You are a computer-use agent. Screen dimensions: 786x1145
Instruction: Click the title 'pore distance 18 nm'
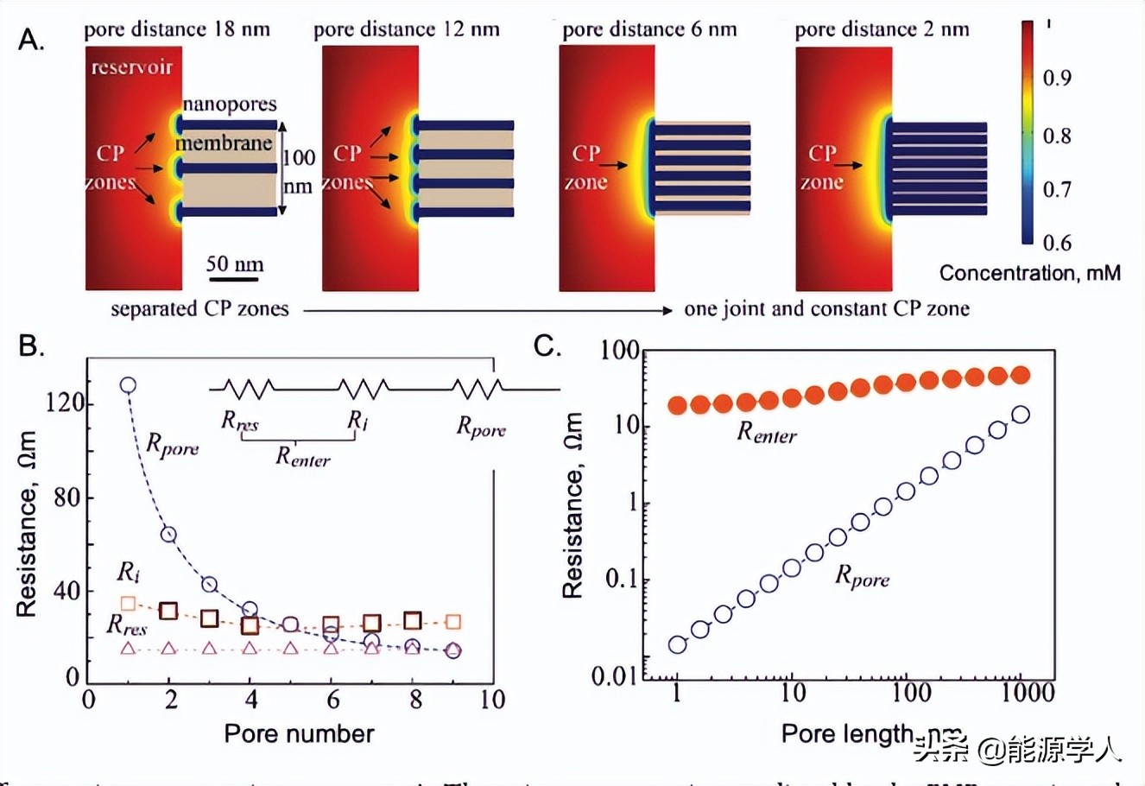click(x=177, y=29)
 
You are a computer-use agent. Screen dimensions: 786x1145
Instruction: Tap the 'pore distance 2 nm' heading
click(x=882, y=29)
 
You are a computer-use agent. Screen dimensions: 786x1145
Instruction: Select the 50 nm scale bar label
click(x=235, y=263)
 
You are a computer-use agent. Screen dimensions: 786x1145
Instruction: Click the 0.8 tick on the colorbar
click(x=1056, y=136)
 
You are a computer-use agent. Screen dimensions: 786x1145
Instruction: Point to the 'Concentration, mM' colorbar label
click(x=1029, y=273)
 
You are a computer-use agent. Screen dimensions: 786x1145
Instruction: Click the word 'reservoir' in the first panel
click(x=132, y=67)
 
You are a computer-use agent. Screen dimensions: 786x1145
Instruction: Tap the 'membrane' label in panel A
click(x=225, y=143)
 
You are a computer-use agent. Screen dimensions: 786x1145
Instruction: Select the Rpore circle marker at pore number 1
click(x=128, y=385)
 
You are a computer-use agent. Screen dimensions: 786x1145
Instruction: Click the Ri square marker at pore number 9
click(x=453, y=622)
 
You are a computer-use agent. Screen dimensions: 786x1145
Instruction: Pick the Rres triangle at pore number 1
click(x=128, y=648)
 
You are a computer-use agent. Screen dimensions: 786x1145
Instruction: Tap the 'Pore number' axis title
click(x=299, y=733)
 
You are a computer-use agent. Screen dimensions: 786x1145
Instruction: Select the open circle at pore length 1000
click(x=1021, y=415)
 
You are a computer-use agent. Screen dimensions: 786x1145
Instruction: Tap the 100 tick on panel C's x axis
click(x=911, y=692)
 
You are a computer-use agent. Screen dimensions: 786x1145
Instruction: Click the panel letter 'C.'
click(x=547, y=346)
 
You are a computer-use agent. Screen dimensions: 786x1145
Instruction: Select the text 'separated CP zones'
click(x=199, y=309)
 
